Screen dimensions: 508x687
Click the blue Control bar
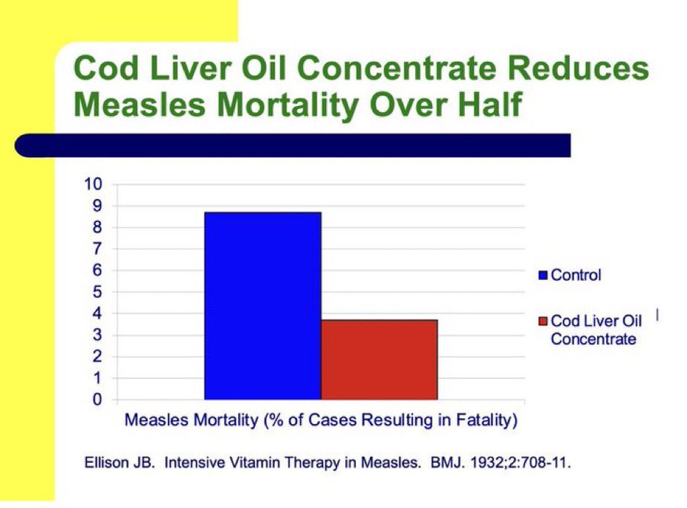click(262, 305)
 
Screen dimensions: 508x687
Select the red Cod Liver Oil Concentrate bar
click(379, 359)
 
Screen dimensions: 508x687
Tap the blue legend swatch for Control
click(543, 275)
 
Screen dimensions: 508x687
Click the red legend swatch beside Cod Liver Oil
click(543, 322)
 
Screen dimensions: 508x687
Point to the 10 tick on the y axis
click(92, 184)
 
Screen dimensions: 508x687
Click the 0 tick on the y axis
click(97, 399)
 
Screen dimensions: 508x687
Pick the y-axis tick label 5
click(97, 291)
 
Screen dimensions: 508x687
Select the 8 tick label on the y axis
click(97, 227)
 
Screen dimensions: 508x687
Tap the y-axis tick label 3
click(97, 335)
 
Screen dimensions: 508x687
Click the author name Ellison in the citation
click(104, 463)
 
